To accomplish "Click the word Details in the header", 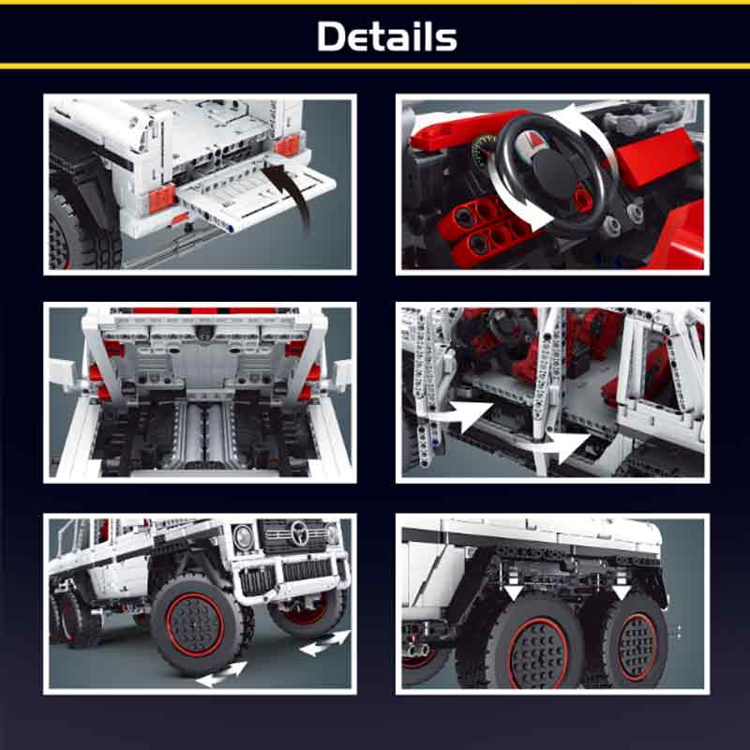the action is pos(387,36).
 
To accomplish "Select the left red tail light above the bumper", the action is pos(162,198).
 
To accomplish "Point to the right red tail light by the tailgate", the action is pos(288,145).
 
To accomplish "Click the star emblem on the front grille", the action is pos(300,532).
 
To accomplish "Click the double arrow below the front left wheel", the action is pos(221,674).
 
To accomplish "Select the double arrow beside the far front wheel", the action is pos(325,643).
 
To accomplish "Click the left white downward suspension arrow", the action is pos(513,592).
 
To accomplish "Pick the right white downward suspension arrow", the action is pos(621,592).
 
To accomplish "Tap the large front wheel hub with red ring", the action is pos(195,624).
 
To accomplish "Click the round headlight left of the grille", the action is pos(243,536).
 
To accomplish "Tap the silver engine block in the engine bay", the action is pos(204,435).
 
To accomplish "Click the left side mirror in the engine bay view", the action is pos(61,375).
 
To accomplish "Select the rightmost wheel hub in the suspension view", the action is pos(637,647).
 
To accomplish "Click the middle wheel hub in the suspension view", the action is pos(538,653).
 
